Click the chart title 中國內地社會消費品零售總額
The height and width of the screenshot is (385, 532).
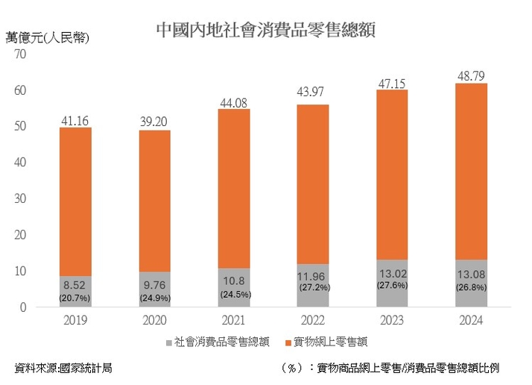[x=265, y=29]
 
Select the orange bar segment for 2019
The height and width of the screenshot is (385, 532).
[x=75, y=201]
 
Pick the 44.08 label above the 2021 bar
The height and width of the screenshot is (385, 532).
[x=234, y=102]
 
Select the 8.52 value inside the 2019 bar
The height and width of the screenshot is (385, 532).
[x=75, y=284]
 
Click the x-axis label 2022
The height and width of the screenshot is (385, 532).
[x=313, y=321]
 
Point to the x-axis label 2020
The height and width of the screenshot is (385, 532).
[x=154, y=321]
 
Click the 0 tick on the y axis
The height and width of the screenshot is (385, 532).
[x=23, y=307]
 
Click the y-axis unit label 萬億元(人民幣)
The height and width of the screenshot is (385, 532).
[x=46, y=37]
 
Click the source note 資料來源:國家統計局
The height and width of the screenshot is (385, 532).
[x=63, y=368]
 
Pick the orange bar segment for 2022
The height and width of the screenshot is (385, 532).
[x=313, y=184]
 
